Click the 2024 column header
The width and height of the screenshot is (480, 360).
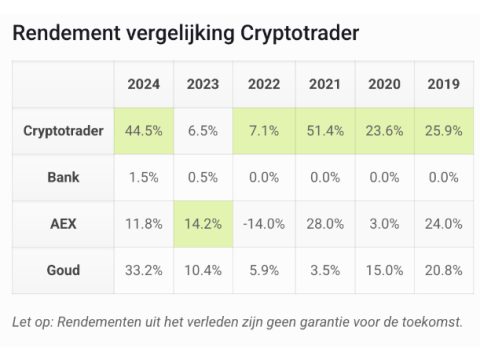point(144,84)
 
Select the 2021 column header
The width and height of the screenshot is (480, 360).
point(325,84)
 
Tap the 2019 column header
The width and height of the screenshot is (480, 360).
point(444,84)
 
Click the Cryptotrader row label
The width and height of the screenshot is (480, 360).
point(63,131)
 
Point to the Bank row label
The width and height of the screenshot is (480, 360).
point(63,177)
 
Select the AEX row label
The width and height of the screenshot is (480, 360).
point(63,224)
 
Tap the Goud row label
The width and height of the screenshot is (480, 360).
point(63,270)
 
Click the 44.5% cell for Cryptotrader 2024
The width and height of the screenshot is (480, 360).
point(144,131)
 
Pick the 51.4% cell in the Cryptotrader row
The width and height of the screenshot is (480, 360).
point(325,131)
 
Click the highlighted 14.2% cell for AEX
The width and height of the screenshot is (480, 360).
point(203,224)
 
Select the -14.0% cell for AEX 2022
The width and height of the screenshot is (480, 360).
point(264,224)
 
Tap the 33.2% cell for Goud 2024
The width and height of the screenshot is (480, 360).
point(144,270)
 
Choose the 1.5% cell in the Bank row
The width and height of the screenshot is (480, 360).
point(144,177)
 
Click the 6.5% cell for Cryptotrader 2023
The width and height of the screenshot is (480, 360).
point(203,131)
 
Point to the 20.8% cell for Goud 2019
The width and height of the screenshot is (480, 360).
point(444,270)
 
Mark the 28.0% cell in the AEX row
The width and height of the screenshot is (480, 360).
point(325,224)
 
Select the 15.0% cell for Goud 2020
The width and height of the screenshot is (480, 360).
point(384,270)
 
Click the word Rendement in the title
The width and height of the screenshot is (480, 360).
point(66,33)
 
